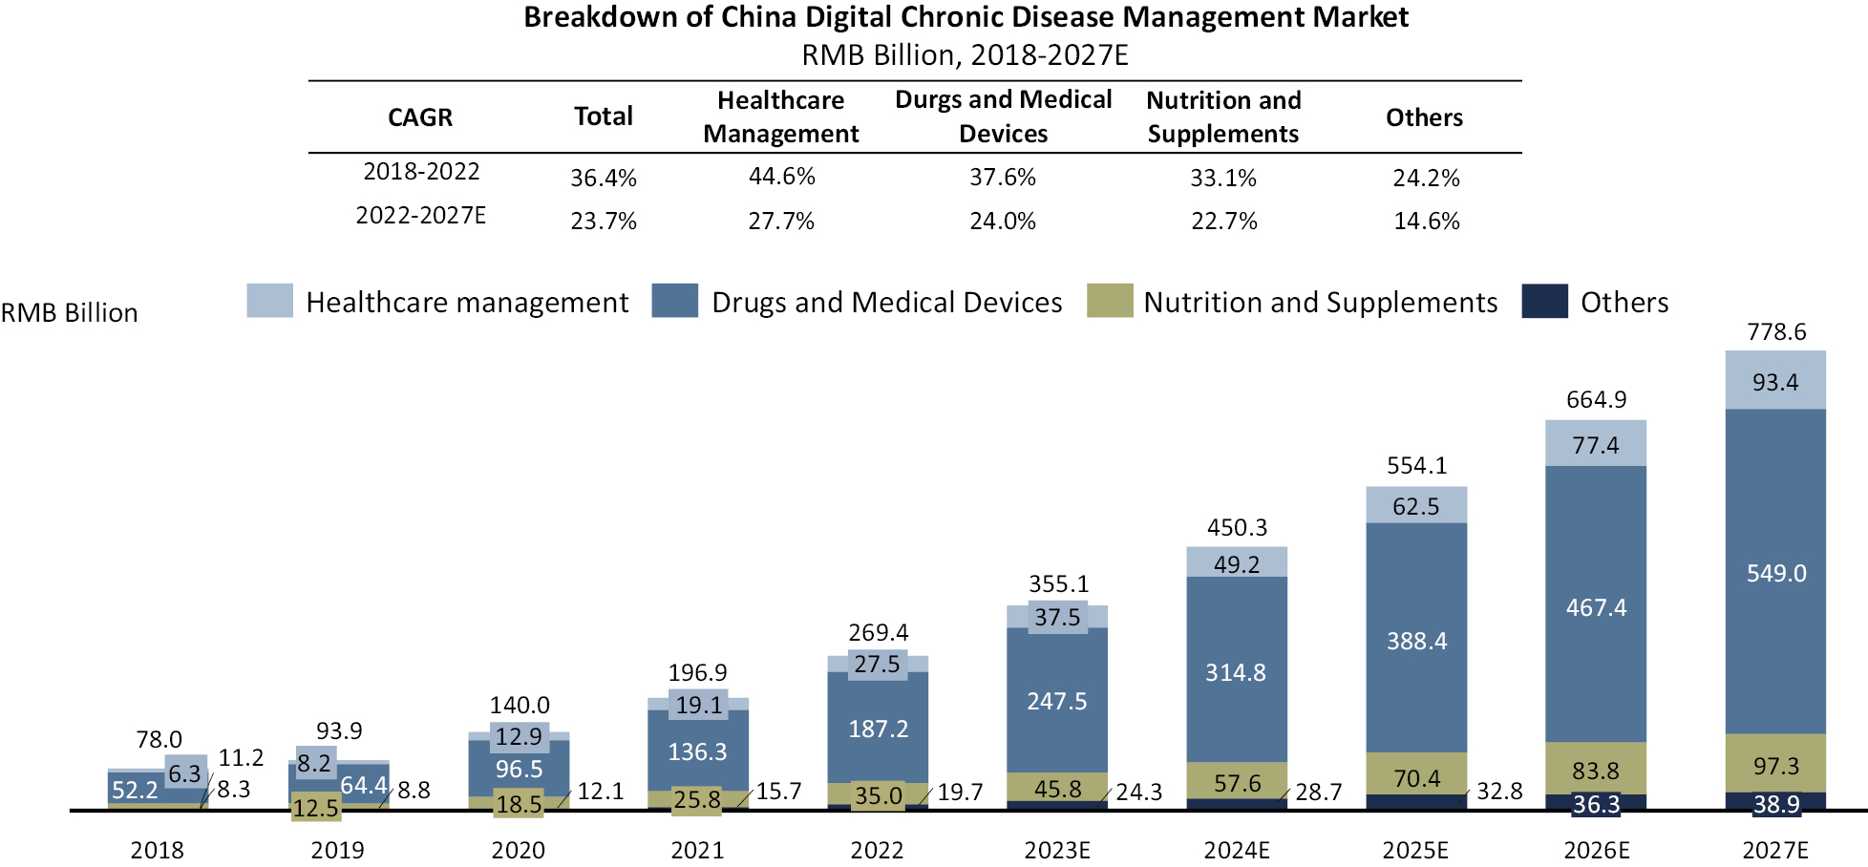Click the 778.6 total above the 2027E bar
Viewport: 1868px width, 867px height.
[1775, 332]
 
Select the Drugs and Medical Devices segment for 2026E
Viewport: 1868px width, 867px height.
[1595, 607]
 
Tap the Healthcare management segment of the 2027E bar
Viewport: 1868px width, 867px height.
[1774, 381]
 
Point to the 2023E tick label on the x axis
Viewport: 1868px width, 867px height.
[1056, 850]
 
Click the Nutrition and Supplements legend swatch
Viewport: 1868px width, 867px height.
[1109, 301]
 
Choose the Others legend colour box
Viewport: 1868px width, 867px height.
[1544, 301]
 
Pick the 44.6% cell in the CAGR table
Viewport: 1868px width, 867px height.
[781, 177]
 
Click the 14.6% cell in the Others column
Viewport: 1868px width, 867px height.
[1426, 222]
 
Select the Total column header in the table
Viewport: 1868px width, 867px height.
[603, 116]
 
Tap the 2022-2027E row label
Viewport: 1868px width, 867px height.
[420, 216]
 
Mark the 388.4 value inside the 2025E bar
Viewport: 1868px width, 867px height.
[1416, 641]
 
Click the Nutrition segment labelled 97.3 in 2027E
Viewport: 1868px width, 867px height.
[1775, 766]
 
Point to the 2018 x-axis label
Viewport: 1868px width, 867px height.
[157, 850]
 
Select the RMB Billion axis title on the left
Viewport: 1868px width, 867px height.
[69, 313]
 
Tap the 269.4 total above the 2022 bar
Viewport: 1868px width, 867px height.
[878, 632]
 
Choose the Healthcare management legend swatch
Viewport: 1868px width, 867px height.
[269, 301]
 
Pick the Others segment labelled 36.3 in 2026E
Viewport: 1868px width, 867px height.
[1595, 804]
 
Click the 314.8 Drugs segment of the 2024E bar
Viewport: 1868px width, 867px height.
[1235, 672]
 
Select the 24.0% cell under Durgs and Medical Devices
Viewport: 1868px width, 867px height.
[1002, 222]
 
